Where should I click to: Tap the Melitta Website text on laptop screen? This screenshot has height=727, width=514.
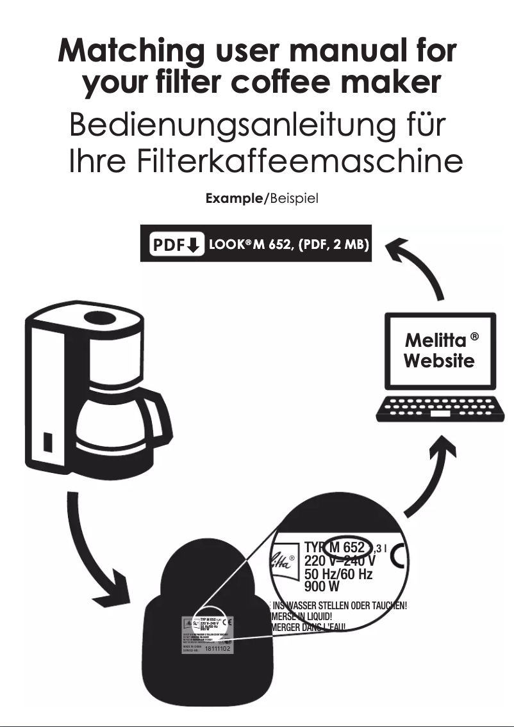(440, 349)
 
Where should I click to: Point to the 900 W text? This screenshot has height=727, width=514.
(322, 586)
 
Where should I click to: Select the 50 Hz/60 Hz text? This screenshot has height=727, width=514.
(338, 574)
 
